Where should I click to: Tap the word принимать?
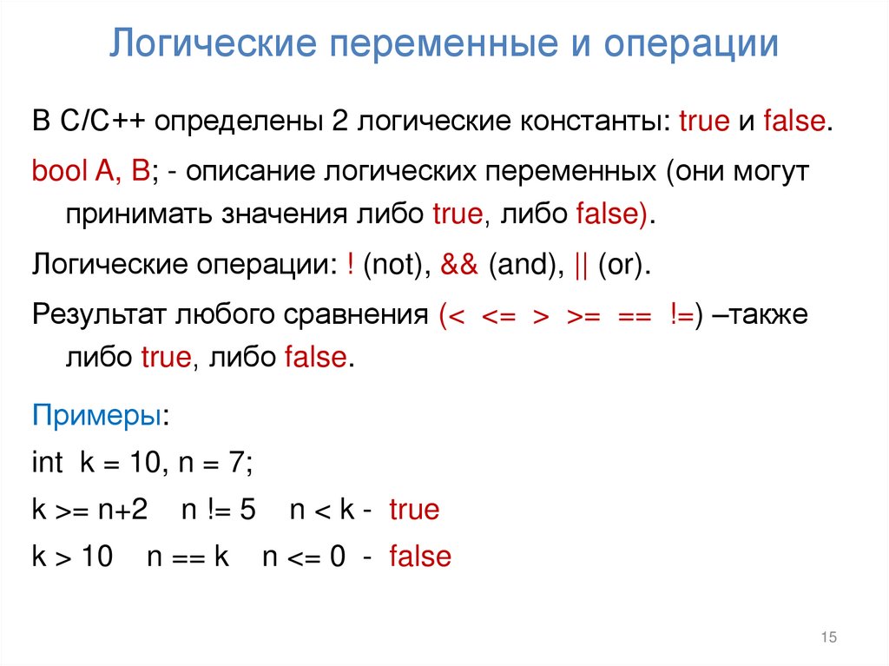132,214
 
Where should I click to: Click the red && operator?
459,265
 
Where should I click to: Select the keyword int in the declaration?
47,462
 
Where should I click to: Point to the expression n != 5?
218,510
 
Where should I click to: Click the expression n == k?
188,556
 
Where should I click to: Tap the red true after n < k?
414,510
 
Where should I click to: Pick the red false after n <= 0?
420,556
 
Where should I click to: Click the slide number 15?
827,638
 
